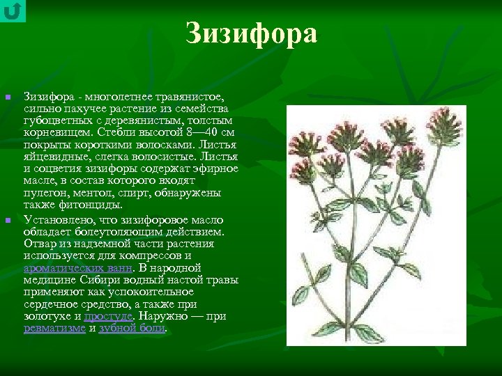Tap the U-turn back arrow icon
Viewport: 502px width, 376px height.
[x=13, y=11]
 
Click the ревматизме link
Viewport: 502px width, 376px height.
[x=54, y=327]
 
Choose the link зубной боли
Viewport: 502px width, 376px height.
[x=132, y=327]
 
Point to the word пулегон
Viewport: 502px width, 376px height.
[x=45, y=192]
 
